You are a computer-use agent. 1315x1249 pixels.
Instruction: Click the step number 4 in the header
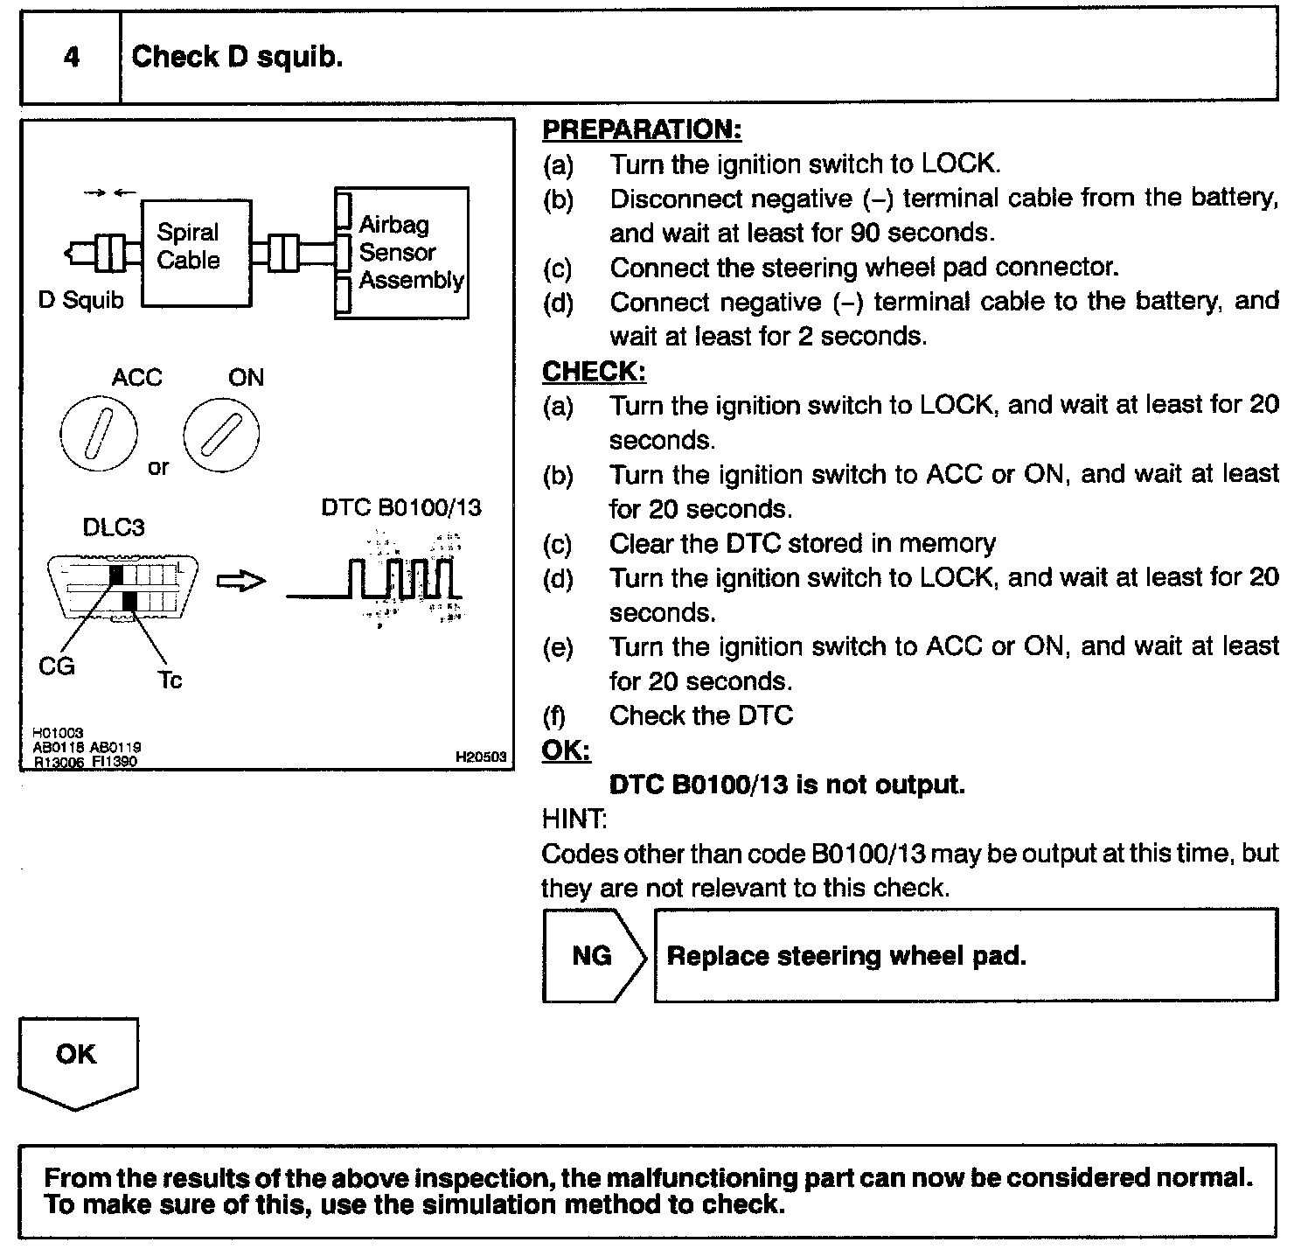71,58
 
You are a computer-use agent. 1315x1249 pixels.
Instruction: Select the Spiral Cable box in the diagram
196,252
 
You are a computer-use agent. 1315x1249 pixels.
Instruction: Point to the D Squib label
80,300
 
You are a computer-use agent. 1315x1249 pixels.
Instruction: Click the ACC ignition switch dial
99,435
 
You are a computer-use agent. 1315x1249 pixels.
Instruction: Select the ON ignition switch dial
221,435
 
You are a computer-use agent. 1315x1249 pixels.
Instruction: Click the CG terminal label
57,666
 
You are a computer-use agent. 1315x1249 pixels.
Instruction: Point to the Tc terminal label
170,680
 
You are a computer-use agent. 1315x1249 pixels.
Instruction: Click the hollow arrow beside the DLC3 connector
240,582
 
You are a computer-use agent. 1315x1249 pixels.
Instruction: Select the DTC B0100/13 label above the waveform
400,508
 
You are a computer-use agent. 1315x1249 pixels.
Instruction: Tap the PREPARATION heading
642,130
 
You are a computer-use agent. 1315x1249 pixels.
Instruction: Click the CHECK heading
594,372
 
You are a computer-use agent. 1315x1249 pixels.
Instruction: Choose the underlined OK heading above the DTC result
566,750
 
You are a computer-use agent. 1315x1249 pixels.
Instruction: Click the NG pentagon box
592,955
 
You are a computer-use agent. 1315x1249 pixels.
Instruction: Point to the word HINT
574,819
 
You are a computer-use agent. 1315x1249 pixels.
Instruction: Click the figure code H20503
481,757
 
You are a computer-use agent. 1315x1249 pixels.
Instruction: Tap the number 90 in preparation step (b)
864,233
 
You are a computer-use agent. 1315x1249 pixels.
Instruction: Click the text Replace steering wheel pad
846,955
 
